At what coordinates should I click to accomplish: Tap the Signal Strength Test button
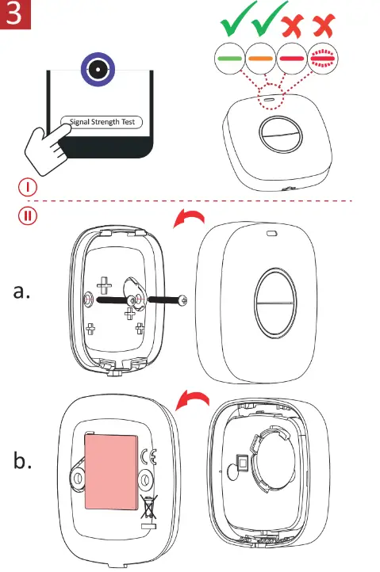pyautogui.click(x=102, y=122)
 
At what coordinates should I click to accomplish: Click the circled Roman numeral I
pyautogui.click(x=26, y=188)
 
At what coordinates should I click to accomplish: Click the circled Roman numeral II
pyautogui.click(x=26, y=215)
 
